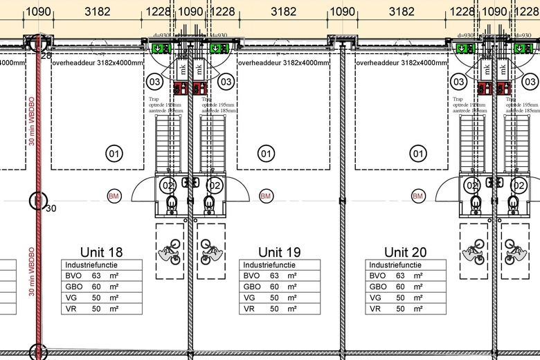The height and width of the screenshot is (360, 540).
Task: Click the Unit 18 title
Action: coord(102,252)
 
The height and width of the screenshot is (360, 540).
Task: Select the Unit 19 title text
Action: coord(280,252)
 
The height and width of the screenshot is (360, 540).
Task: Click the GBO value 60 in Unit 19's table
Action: coord(275,287)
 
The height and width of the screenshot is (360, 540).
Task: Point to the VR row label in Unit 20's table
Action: coord(377,309)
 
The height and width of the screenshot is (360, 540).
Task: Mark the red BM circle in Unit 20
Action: coord(417,197)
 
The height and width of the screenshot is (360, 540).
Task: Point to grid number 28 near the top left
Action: coord(46,55)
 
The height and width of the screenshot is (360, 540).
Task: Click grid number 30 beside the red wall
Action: coord(51,206)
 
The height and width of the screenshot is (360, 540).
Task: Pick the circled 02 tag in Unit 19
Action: coord(215,186)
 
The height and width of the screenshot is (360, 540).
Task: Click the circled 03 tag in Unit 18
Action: coord(154,82)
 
